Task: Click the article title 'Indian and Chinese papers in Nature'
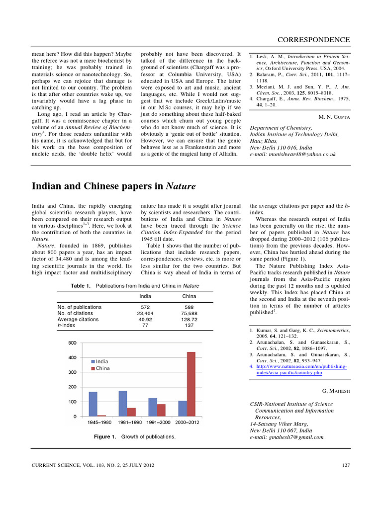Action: click(114, 186)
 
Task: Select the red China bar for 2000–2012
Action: click(191, 384)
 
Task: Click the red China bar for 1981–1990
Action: click(131, 412)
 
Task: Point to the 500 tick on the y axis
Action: click(72, 343)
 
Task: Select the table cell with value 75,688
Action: click(189, 314)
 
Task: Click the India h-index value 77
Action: click(146, 326)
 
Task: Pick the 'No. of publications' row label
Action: click(80, 307)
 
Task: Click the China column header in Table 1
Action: click(189, 296)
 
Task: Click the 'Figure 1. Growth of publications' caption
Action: click(135, 436)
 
